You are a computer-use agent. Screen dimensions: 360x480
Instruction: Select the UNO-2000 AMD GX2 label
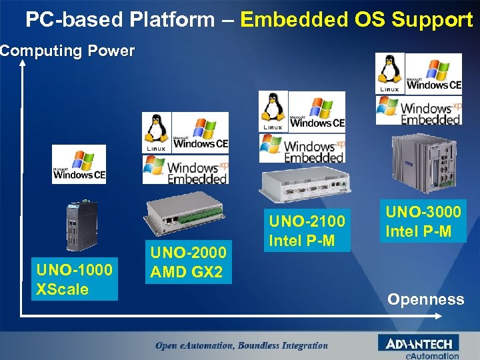pos(189,262)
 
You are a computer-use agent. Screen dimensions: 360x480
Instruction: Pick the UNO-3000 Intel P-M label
pos(423,222)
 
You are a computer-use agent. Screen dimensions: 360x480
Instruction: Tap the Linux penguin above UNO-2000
pos(156,131)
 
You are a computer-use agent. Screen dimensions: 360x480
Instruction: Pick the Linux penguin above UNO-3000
pos(389,73)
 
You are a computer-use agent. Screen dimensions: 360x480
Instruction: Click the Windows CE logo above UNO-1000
pos(79,165)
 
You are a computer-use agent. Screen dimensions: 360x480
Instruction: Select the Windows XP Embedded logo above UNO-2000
pos(186,169)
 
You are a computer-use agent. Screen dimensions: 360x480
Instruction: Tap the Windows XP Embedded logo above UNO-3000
pos(419,109)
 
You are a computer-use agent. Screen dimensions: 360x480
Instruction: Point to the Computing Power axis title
pos(67,51)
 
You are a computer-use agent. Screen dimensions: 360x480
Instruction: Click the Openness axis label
pos(426,299)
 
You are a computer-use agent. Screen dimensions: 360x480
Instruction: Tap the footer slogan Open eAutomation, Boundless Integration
pos(241,345)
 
